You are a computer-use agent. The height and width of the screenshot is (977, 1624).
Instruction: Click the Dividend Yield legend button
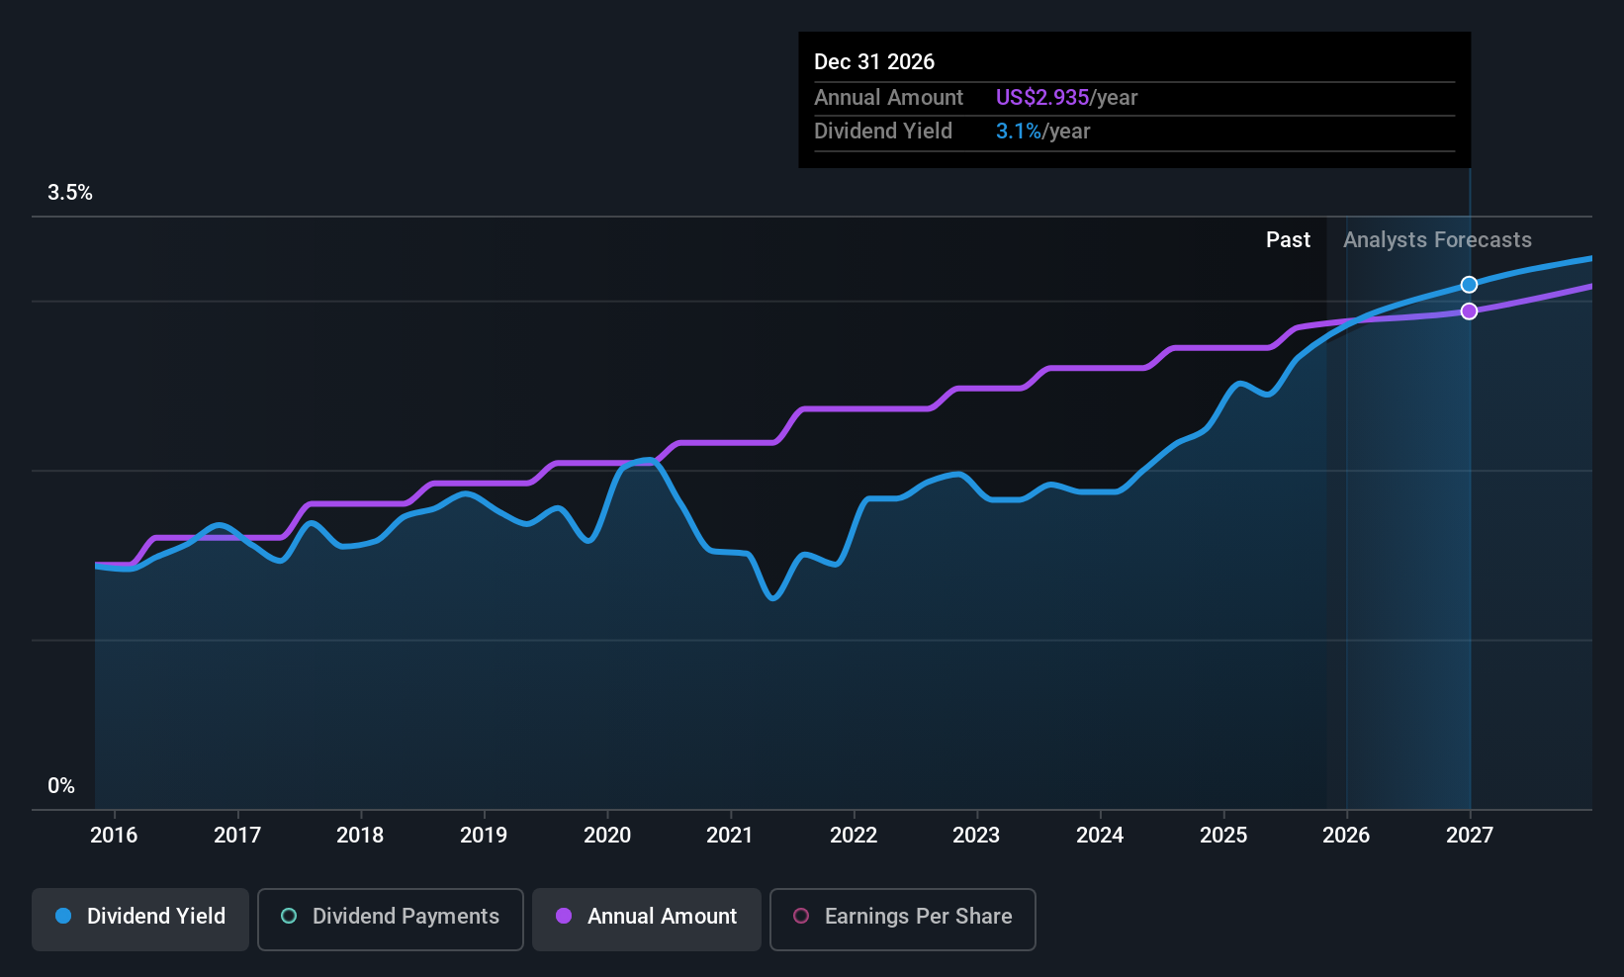coord(139,919)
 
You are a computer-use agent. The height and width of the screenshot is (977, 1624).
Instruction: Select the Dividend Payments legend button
coord(390,919)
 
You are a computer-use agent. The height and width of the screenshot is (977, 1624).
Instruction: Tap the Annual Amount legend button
coord(647,919)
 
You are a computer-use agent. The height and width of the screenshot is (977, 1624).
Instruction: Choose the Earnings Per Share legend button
coord(903,919)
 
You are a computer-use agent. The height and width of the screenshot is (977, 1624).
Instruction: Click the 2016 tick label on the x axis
coord(114,835)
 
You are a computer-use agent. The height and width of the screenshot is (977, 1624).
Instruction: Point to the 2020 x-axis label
coord(607,835)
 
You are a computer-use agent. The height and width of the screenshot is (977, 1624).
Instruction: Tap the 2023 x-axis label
coord(976,835)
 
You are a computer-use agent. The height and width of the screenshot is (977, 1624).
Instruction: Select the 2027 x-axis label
coord(1470,835)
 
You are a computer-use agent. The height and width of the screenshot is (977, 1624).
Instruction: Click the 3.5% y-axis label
coord(70,193)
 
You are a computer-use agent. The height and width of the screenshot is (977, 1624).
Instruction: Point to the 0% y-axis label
coord(61,786)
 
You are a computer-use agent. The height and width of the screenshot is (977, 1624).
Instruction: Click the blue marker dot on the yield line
coord(1469,285)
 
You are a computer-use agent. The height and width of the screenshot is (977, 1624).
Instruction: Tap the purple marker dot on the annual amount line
coord(1469,311)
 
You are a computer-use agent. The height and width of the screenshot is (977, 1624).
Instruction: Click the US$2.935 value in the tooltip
coord(1041,97)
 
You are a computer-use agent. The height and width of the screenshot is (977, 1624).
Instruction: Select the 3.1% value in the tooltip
coord(1019,132)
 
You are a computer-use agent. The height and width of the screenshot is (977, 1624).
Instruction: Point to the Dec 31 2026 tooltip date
coord(874,62)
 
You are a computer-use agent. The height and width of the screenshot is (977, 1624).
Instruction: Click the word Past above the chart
coord(1289,240)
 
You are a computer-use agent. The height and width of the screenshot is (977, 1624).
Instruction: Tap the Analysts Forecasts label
coord(1438,240)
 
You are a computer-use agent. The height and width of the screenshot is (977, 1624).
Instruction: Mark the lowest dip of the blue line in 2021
coord(772,598)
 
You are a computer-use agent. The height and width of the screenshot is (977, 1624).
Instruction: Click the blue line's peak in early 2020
coord(648,460)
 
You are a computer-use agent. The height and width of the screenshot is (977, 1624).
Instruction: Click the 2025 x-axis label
coord(1223,835)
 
